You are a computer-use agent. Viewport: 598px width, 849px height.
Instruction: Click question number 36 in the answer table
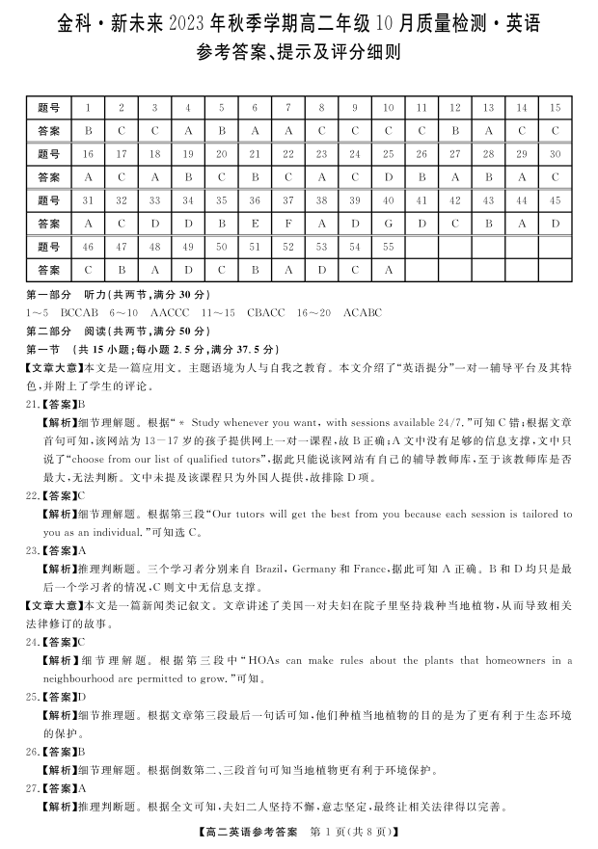pos(255,200)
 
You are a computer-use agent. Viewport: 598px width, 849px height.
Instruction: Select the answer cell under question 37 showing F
pos(287,224)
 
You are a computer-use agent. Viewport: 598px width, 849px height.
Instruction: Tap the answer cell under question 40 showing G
pos(388,224)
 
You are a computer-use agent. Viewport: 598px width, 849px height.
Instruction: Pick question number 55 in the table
pos(388,247)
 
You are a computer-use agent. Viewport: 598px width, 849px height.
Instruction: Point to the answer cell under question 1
pos(88,130)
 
